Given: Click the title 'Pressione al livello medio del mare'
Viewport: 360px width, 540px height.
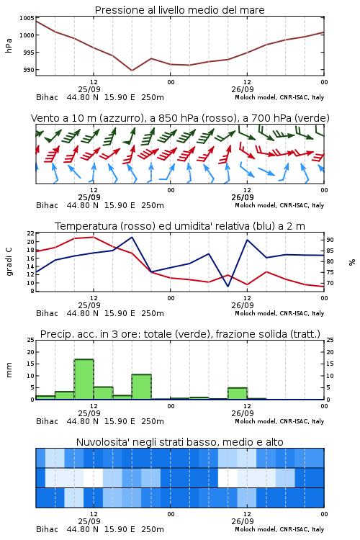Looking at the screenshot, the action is tap(179, 10).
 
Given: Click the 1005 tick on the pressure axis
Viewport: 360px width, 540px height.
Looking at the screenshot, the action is tap(27, 18).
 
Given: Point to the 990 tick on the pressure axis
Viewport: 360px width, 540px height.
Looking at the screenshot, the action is tap(29, 70).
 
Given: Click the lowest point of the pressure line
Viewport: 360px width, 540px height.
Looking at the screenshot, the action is tap(132, 71).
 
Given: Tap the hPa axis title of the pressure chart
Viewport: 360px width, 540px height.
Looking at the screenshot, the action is tap(9, 45).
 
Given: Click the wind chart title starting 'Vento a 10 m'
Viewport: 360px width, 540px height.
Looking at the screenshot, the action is tap(180, 118).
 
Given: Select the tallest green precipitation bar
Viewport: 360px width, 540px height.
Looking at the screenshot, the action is tap(84, 379).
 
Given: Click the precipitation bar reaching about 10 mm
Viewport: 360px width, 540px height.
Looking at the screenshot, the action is tap(142, 387).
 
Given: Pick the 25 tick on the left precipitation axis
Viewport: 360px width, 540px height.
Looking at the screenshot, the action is tap(31, 340).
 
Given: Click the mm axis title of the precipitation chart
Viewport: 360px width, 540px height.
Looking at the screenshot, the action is tap(9, 370).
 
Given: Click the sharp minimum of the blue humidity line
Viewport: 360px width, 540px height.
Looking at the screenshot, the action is tap(228, 286).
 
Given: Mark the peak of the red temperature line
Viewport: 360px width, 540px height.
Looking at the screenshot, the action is tap(94, 237).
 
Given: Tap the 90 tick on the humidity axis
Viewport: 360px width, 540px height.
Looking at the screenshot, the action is tap(330, 240).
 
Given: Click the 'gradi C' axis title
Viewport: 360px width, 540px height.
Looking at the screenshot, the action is tap(9, 261).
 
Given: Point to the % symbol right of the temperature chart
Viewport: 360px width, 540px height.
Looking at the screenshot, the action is tap(352, 262).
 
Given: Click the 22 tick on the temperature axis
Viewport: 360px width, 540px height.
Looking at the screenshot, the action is tap(31, 233).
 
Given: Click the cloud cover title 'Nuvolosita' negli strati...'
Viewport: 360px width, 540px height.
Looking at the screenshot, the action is tap(179, 442).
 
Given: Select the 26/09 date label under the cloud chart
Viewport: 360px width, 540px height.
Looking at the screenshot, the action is tap(243, 521).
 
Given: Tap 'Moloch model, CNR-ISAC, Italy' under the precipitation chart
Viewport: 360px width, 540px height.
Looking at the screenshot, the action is tap(279, 421).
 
